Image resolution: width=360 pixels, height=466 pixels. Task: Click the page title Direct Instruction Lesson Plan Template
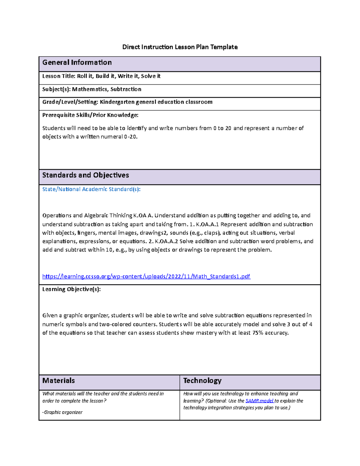[x=180, y=47]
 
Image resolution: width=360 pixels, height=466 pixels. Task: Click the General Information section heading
[x=77, y=62]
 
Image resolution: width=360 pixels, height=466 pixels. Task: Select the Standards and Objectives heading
[x=85, y=175]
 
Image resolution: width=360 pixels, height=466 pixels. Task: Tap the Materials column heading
[x=58, y=381]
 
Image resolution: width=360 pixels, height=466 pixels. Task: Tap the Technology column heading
[x=202, y=381]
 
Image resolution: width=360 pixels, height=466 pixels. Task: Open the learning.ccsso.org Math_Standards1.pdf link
[x=146, y=276]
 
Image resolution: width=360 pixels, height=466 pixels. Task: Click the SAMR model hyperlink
[x=259, y=401]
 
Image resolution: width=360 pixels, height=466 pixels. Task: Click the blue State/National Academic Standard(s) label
[x=91, y=189]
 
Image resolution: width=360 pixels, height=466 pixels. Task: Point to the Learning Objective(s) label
[x=71, y=289]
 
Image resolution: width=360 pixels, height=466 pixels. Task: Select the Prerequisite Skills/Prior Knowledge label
[x=90, y=115]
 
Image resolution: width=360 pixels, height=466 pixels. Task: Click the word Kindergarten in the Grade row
[x=117, y=102]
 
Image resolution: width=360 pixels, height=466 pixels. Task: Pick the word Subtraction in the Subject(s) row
[x=126, y=89]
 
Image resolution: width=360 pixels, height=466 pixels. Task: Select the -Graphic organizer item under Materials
[x=62, y=412]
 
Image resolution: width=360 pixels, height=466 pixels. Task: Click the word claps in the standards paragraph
[x=211, y=233]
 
